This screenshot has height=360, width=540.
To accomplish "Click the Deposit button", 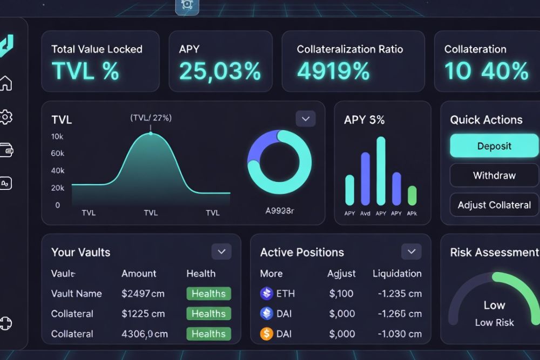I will tap(494, 146).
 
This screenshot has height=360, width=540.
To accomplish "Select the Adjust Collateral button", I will tap(494, 205).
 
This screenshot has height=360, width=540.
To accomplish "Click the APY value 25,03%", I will tap(220, 71).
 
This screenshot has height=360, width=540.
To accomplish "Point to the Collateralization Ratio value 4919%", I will tap(333, 71).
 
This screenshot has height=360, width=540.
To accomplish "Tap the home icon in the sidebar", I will tap(6, 84).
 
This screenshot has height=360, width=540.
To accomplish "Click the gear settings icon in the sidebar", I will tap(6, 117).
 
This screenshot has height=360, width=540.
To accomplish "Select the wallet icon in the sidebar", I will tap(6, 151).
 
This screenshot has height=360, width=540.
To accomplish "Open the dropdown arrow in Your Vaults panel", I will tap(221, 252).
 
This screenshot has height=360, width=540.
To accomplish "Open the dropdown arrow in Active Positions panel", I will tap(411, 252).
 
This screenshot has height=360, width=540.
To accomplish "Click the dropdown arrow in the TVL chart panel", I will tap(306, 119).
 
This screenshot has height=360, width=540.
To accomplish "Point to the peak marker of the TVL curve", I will tap(151, 133).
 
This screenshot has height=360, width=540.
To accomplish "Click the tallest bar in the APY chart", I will tap(381, 171).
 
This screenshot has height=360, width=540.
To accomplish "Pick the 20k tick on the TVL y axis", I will tap(58, 188).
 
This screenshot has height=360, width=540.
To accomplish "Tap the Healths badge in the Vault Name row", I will tap(208, 294).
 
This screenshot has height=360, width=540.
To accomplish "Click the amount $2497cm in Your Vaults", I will tap(143, 294).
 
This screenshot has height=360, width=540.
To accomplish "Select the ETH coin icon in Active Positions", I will tap(267, 294).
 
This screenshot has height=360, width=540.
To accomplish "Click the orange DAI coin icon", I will tap(267, 334).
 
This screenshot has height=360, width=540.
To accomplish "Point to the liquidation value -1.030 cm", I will tap(397, 334).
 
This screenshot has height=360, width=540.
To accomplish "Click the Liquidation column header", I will tap(397, 274).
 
